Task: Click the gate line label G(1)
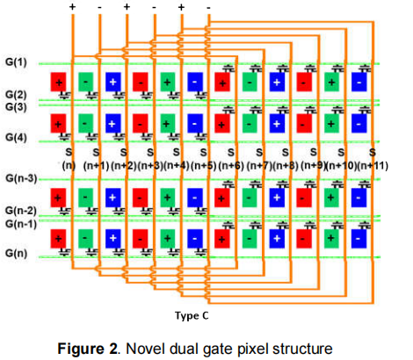[x=17, y=62]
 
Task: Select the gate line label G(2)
[x=17, y=95]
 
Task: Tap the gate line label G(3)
[x=17, y=106]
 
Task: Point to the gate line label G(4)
[x=17, y=138]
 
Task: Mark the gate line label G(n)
[x=17, y=254]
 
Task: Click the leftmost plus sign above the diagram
[x=71, y=7]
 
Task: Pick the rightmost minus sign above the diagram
[x=208, y=7]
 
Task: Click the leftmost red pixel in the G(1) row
[x=58, y=82]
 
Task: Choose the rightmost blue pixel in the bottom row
[x=359, y=239]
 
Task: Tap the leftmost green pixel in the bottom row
[x=84, y=239]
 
